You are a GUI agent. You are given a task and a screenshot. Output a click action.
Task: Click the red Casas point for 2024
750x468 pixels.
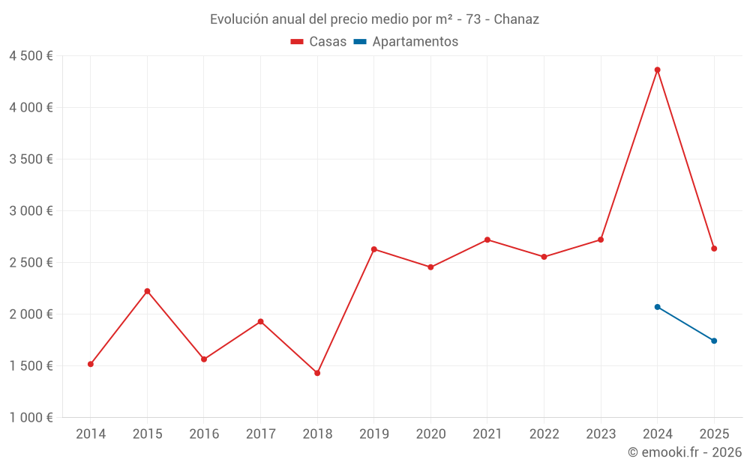pos(657,70)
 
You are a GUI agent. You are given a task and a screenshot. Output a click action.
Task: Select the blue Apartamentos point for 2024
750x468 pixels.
pos(657,307)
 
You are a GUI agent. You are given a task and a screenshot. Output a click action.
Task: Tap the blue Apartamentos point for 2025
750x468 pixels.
pos(714,341)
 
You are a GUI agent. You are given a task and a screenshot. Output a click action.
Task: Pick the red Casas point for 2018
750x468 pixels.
pos(317,373)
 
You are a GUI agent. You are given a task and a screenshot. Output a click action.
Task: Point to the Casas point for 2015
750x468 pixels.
pos(147,291)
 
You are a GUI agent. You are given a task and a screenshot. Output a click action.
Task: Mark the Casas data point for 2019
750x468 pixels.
pos(374,249)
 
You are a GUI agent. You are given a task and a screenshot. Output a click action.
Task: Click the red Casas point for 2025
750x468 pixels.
pos(714,249)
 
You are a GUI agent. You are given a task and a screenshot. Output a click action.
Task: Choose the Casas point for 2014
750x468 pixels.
pos(91,364)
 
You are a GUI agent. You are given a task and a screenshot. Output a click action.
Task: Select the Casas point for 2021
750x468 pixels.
pos(487,240)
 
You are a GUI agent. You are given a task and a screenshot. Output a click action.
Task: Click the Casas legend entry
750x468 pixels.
pos(319,42)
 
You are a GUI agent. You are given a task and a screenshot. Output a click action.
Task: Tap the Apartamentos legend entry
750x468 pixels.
pos(405,42)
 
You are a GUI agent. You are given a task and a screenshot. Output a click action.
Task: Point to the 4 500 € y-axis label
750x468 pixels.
pos(31,56)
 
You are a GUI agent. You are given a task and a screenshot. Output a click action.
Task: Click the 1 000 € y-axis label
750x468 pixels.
pos(31,418)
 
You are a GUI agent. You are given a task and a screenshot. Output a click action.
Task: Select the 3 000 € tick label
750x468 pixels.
pos(31,211)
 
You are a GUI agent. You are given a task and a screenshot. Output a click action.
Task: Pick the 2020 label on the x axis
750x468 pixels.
pos(430,434)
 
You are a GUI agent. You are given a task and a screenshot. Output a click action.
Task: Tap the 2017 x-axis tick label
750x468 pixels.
pos(260,434)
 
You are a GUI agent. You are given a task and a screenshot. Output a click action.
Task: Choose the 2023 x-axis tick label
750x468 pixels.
pos(601,434)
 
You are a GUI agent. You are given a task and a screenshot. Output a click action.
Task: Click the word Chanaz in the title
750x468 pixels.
pos(516,19)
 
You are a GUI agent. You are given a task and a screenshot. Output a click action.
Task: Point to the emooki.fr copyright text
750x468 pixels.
pos(685,452)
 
